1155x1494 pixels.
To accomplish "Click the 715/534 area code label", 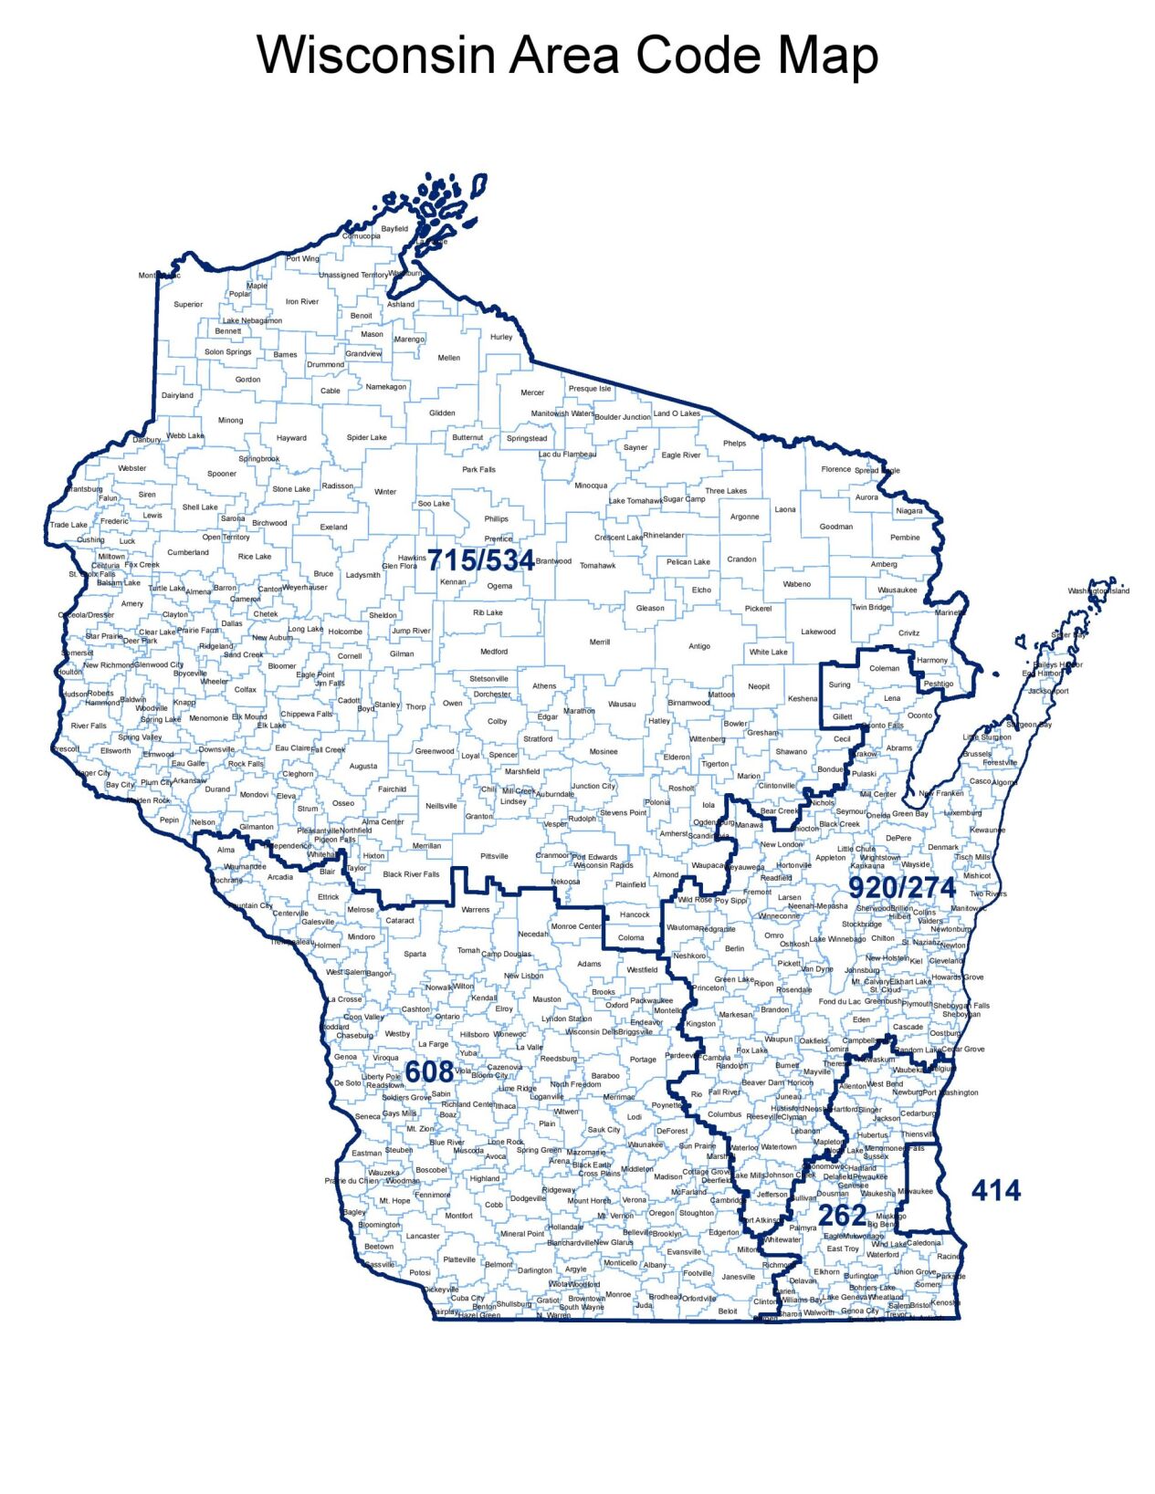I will (481, 560).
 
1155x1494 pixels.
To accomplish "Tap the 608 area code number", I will (428, 1071).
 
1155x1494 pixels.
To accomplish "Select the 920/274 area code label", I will (902, 887).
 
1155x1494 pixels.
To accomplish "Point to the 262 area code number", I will (842, 1216).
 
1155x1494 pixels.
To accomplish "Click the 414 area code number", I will (995, 1190).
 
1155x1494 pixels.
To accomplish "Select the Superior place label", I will (188, 305).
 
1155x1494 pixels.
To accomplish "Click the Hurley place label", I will (501, 337).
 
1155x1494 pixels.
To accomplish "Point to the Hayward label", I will (291, 438).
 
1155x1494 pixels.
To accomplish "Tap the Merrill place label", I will (599, 643).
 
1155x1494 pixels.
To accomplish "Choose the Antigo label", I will (699, 646).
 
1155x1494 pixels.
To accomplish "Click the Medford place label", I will (494, 652).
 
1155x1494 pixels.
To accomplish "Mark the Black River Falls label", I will (411, 874).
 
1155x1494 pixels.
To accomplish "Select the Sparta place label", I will (415, 954).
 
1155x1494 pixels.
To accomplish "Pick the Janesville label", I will (739, 1277).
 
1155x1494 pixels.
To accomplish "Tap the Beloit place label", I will (728, 1311).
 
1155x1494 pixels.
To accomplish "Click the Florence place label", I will (835, 469).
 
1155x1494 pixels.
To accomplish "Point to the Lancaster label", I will (423, 1236).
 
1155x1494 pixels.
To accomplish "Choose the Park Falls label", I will (478, 470).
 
